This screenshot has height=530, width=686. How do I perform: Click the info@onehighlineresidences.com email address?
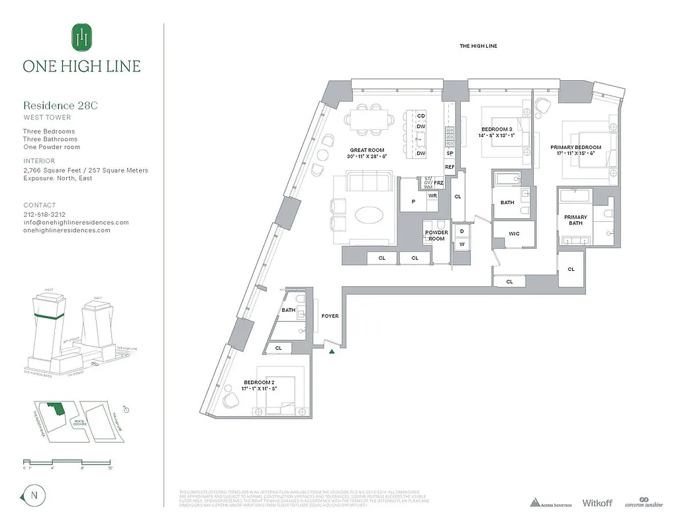click(75, 223)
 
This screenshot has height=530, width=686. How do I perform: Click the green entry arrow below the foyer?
click(332, 350)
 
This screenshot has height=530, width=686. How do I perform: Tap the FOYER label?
click(330, 316)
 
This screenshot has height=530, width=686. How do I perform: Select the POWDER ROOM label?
click(436, 236)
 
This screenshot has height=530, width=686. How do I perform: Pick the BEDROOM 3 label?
click(496, 129)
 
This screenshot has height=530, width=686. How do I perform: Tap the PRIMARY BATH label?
click(575, 221)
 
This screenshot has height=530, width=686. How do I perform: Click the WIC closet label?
click(514, 233)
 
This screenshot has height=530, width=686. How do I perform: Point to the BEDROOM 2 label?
click(259, 383)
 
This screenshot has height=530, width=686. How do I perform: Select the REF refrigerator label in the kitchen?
click(450, 167)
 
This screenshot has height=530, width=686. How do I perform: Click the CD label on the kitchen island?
click(420, 116)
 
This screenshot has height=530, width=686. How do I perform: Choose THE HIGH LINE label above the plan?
click(478, 46)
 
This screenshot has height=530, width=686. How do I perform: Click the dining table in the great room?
click(370, 119)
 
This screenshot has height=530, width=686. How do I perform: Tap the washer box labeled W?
click(462, 244)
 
